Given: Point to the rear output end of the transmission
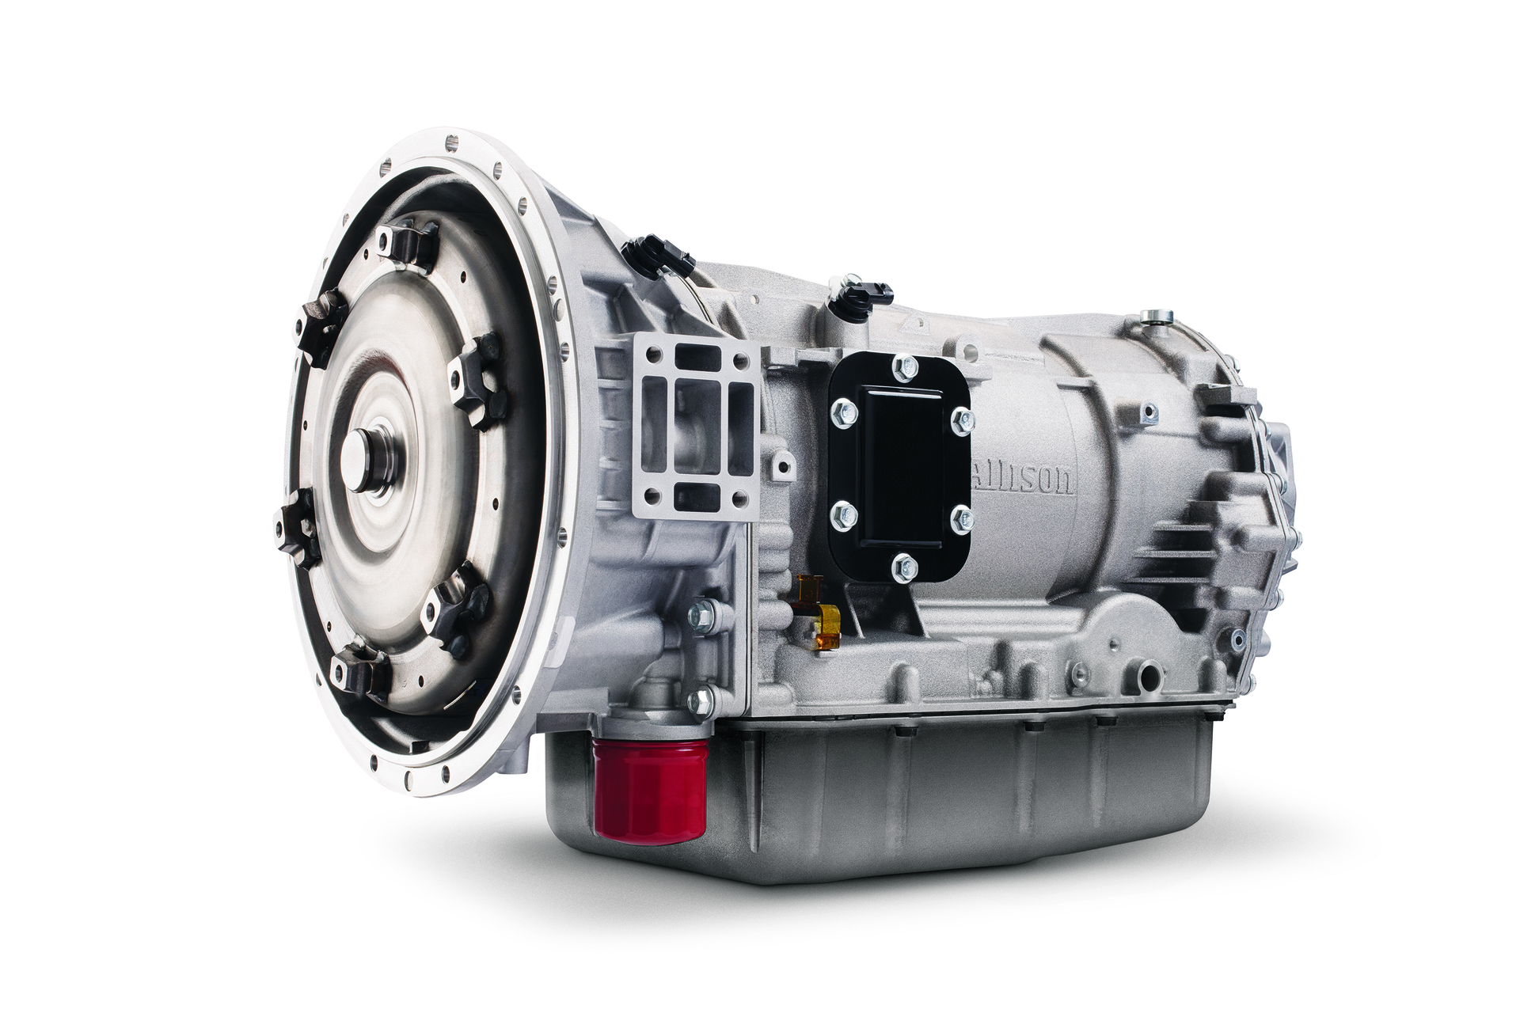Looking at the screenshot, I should click(1275, 506).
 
